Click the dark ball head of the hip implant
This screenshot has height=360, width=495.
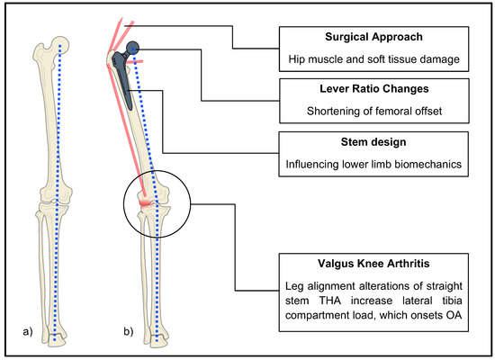click(133, 49)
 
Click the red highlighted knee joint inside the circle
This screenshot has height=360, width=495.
click(146, 202)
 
